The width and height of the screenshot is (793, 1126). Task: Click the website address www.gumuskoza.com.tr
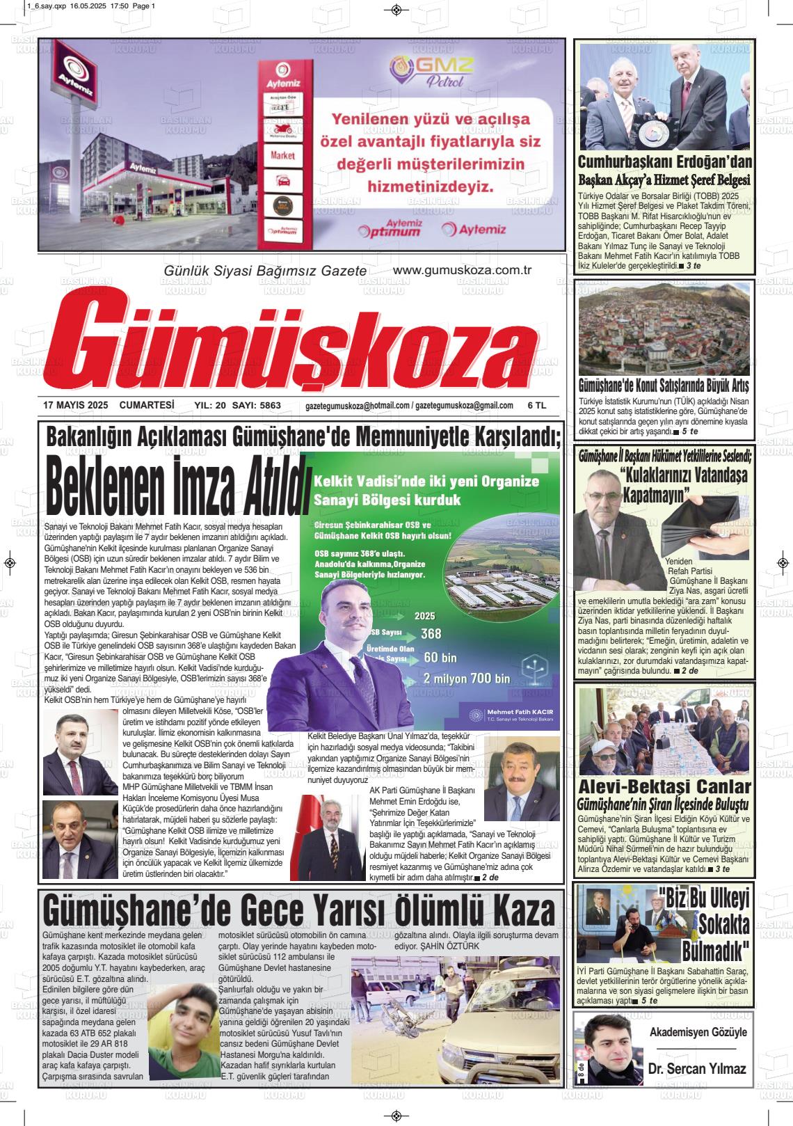[x=462, y=271]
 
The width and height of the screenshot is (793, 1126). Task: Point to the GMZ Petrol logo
[x=431, y=70]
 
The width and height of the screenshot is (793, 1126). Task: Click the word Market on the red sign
[x=283, y=156]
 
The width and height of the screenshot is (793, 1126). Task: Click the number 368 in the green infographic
[x=431, y=633]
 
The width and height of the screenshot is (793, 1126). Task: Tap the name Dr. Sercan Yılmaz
[x=696, y=1068]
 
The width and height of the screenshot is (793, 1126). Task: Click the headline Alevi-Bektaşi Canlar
[x=665, y=787]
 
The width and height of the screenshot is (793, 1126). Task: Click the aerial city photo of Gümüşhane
[x=664, y=327]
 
